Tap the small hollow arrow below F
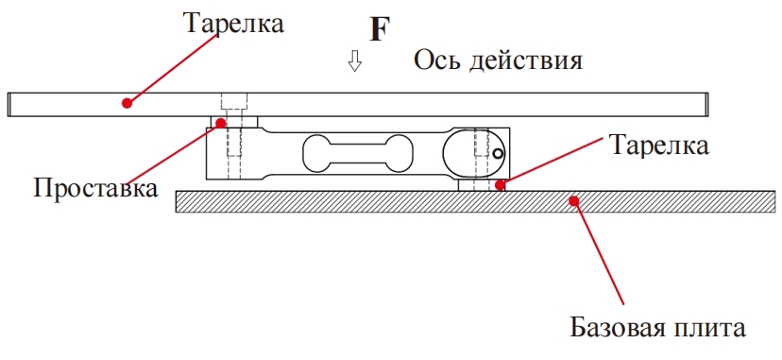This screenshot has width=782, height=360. point(355,62)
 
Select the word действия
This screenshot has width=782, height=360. point(530,61)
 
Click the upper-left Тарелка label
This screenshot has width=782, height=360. point(233,23)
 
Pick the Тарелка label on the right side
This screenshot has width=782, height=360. point(659,146)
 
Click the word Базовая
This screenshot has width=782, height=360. point(616,329)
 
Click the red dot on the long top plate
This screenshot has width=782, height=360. point(126,100)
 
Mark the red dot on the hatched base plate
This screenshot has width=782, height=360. point(571,199)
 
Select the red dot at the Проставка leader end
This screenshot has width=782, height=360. point(221,122)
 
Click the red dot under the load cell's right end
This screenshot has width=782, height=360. point(501,185)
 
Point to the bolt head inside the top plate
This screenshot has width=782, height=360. point(233,101)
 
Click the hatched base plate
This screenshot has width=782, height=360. point(378,200)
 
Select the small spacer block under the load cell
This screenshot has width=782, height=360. point(478,185)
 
